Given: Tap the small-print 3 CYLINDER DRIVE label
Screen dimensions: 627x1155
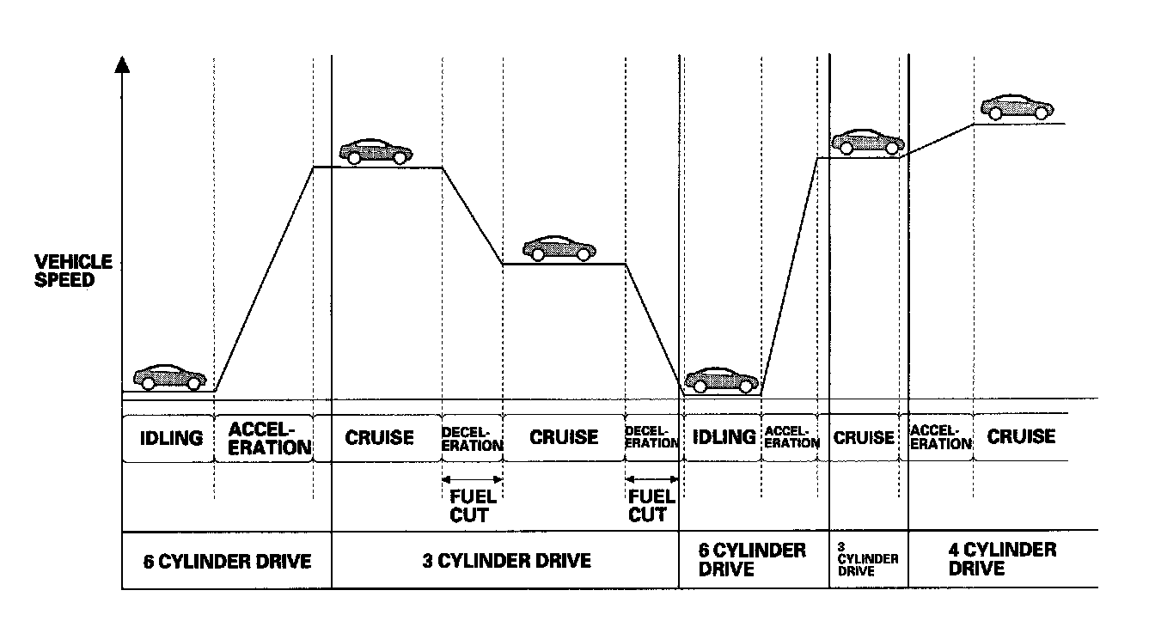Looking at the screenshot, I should tap(868, 558).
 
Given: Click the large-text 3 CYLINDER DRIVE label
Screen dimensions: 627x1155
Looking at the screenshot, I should tap(507, 561).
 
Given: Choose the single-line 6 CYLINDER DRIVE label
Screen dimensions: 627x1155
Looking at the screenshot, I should tap(227, 561).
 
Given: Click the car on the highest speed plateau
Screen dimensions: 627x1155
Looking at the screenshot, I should tap(1017, 107).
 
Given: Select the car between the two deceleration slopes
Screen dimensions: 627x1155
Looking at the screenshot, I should tap(559, 247).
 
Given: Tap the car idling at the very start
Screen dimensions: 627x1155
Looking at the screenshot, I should tap(170, 376).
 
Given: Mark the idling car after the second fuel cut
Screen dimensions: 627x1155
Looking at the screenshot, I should tap(722, 379).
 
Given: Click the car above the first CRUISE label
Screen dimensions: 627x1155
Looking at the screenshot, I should tap(376, 150).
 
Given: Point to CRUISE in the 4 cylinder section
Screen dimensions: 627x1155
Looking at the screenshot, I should tap(1021, 436).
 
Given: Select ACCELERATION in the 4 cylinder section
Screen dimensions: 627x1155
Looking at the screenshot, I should tap(940, 437).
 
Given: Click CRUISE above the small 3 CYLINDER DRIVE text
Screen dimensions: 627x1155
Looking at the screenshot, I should tap(865, 437).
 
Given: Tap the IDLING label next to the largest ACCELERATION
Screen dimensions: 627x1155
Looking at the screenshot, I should tap(171, 437).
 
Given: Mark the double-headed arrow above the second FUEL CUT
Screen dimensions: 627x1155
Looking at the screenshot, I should tap(651, 478).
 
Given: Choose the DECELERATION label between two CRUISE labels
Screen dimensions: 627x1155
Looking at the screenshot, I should tap(472, 438).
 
